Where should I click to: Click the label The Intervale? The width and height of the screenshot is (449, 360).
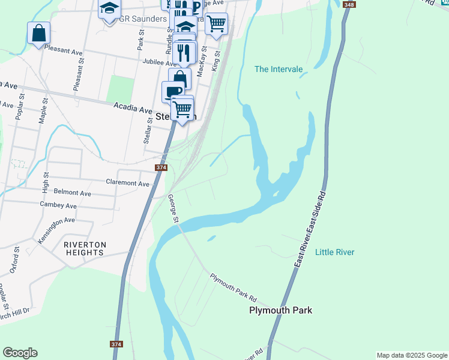(x=279, y=69)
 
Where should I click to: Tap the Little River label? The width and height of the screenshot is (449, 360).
(x=334, y=252)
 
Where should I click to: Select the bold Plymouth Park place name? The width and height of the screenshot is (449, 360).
(x=281, y=310)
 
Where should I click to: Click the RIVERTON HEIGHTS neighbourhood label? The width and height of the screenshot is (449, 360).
(x=85, y=248)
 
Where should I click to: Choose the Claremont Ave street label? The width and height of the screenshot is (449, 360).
(x=127, y=182)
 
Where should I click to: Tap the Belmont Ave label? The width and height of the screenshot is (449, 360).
(x=72, y=193)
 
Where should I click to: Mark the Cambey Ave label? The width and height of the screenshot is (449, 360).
(x=58, y=205)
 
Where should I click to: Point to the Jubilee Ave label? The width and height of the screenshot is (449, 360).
(x=159, y=62)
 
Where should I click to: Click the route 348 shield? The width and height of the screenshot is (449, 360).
(x=349, y=5)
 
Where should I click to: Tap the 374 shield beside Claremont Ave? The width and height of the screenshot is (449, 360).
(x=161, y=168)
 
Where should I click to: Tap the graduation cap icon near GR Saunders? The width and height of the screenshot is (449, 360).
(x=109, y=10)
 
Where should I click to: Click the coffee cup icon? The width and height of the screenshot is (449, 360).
(x=173, y=91)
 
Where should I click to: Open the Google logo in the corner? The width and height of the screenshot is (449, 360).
(x=20, y=353)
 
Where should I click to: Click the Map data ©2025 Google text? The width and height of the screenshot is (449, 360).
(x=412, y=355)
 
